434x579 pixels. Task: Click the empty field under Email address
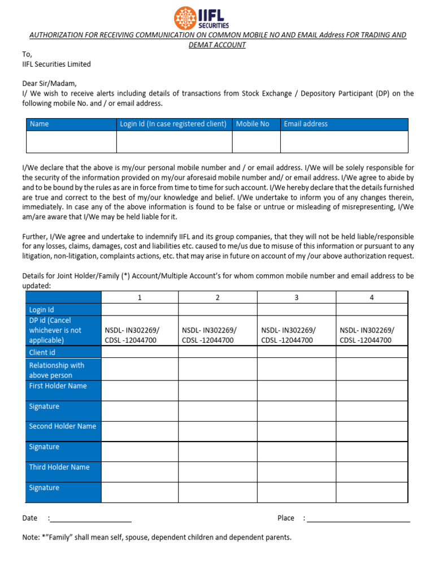344,141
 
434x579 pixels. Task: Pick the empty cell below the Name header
71,141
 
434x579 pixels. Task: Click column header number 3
296,297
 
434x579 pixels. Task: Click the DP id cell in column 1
140,335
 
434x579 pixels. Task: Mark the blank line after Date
92,518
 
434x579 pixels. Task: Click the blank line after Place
358,518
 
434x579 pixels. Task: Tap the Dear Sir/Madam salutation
49,83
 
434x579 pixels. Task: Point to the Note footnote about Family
157,537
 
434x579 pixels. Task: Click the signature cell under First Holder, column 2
218,411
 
